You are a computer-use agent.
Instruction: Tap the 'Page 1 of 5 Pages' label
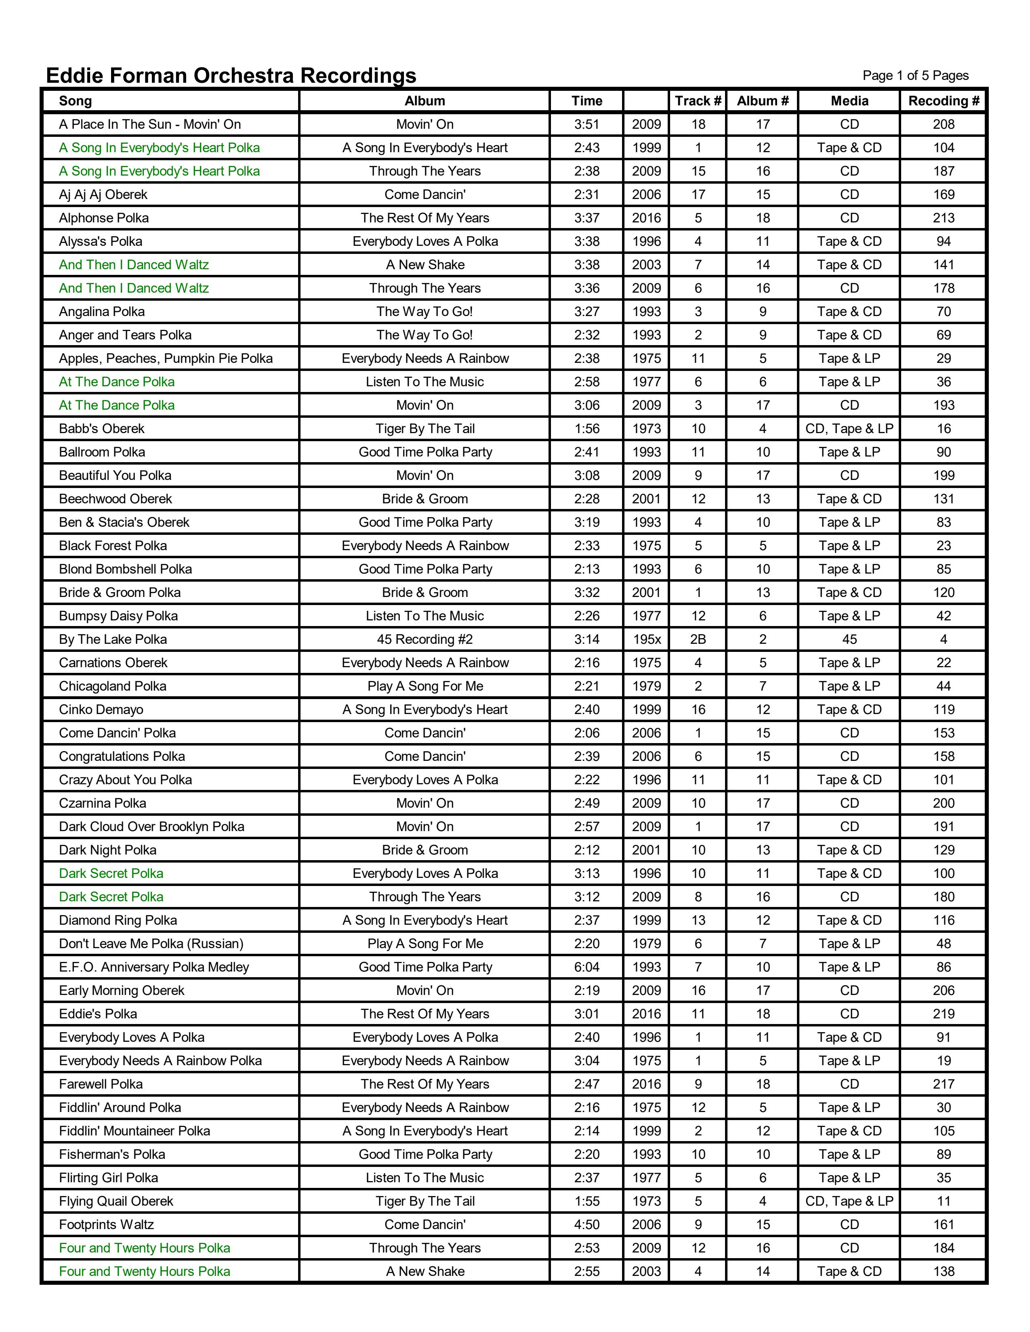915,75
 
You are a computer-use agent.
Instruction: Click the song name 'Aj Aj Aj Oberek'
103,195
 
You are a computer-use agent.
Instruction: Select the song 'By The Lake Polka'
113,639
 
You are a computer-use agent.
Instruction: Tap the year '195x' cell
646,639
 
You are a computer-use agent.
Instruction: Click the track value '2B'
698,639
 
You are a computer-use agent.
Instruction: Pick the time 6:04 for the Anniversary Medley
586,967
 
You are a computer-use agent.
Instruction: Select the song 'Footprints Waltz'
106,1225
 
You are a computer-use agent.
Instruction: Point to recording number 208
943,124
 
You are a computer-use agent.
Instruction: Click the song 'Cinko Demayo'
101,709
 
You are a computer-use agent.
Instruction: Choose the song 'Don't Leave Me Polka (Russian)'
151,944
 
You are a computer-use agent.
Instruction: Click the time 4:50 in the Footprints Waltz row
586,1225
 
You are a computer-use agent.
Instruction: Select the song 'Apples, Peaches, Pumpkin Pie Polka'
165,358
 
